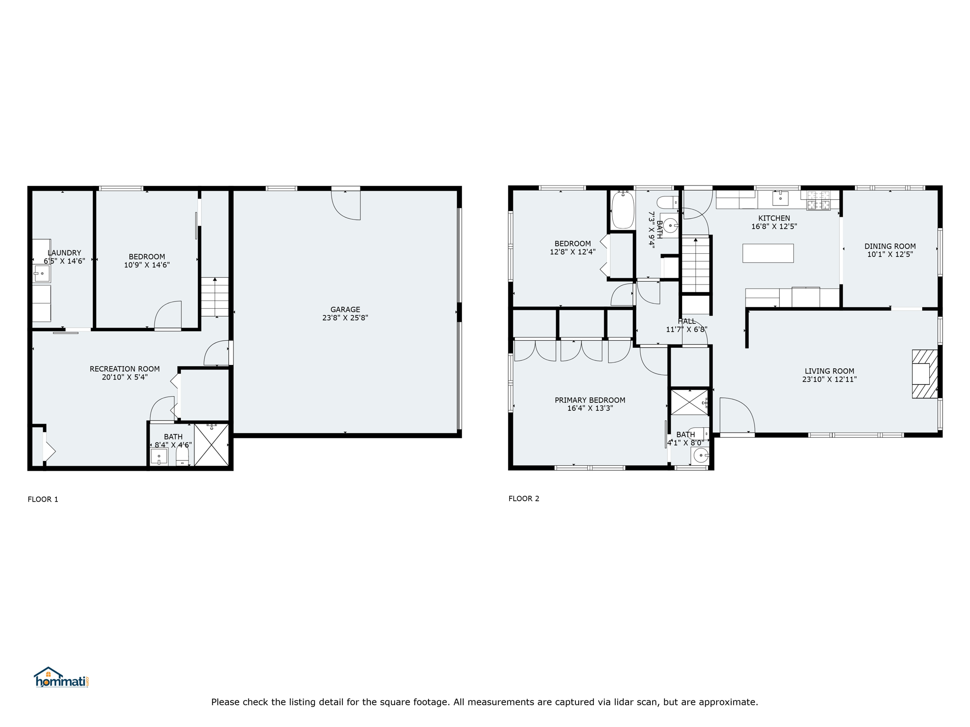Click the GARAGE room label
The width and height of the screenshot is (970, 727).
pos(345,310)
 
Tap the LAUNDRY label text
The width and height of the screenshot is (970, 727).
pos(64,253)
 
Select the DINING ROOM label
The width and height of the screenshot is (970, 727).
pos(890,246)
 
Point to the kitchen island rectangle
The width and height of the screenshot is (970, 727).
pos(768,253)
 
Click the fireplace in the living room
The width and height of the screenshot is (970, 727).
pos(925,374)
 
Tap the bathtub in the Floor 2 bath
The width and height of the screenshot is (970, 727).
pos(623,210)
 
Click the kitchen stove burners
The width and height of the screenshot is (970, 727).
pos(818,200)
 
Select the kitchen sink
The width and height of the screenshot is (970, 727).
pos(780,198)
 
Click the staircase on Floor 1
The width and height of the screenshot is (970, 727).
pos(215,297)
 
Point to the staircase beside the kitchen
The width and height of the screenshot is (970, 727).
pos(695,265)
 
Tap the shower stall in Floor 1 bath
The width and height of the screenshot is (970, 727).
pos(211,445)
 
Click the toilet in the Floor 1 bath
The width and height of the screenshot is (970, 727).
pos(182,457)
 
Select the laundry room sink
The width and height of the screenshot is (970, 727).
pos(42,274)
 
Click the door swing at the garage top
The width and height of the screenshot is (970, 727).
pos(346,205)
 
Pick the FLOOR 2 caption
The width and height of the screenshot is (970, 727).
pos(524,498)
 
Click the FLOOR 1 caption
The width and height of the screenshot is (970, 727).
pos(43,499)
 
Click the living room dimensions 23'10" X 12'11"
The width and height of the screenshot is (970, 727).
pos(829,379)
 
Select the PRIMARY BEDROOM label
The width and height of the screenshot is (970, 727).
pos(590,400)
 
